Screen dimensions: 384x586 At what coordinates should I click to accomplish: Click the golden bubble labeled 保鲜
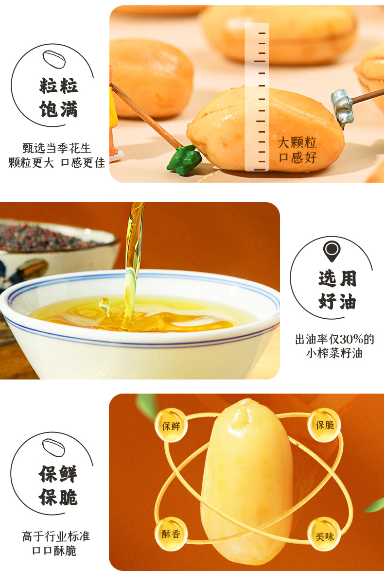coord(171,425)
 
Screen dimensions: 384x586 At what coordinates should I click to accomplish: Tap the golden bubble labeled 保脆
coord(324,425)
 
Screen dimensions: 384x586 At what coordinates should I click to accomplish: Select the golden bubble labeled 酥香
coord(171,534)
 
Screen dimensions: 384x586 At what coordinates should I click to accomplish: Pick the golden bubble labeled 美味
coord(324,536)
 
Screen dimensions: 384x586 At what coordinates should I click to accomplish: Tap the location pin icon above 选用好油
coord(332,251)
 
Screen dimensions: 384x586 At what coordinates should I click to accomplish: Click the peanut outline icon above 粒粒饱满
coord(54,60)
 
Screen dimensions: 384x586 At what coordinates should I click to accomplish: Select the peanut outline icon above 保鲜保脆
coord(53,448)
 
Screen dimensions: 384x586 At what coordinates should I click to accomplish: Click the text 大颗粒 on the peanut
coord(297,142)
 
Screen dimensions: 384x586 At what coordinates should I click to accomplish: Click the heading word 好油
coord(337,302)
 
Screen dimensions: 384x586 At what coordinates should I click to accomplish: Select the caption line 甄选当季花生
coord(57,148)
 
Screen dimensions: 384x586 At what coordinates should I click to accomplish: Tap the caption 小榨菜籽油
coord(334,353)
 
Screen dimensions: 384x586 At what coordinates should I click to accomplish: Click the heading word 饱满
coord(59,109)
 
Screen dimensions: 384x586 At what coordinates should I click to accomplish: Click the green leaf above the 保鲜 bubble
coord(147,406)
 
